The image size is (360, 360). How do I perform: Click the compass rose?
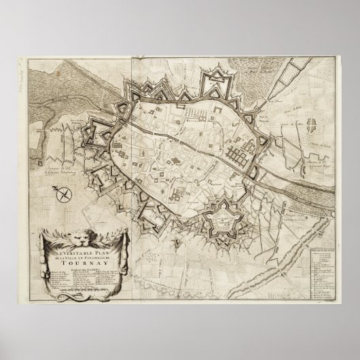[x=64, y=196]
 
